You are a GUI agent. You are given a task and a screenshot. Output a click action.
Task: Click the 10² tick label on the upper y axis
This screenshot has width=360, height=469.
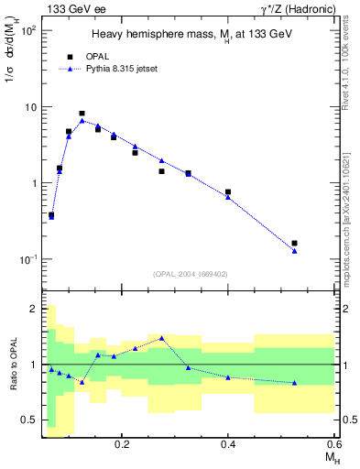pyautogui.click(x=27, y=30)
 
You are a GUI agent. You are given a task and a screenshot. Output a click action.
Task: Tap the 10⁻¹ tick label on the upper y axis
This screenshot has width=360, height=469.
pyautogui.click(x=27, y=259)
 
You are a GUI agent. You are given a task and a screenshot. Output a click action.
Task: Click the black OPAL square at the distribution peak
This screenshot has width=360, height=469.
pyautogui.click(x=82, y=114)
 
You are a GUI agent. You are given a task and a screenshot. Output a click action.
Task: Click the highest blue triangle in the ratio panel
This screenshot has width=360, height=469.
pyautogui.click(x=161, y=338)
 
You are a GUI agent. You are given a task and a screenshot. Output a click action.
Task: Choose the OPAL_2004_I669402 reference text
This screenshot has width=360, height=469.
pyautogui.click(x=191, y=273)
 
